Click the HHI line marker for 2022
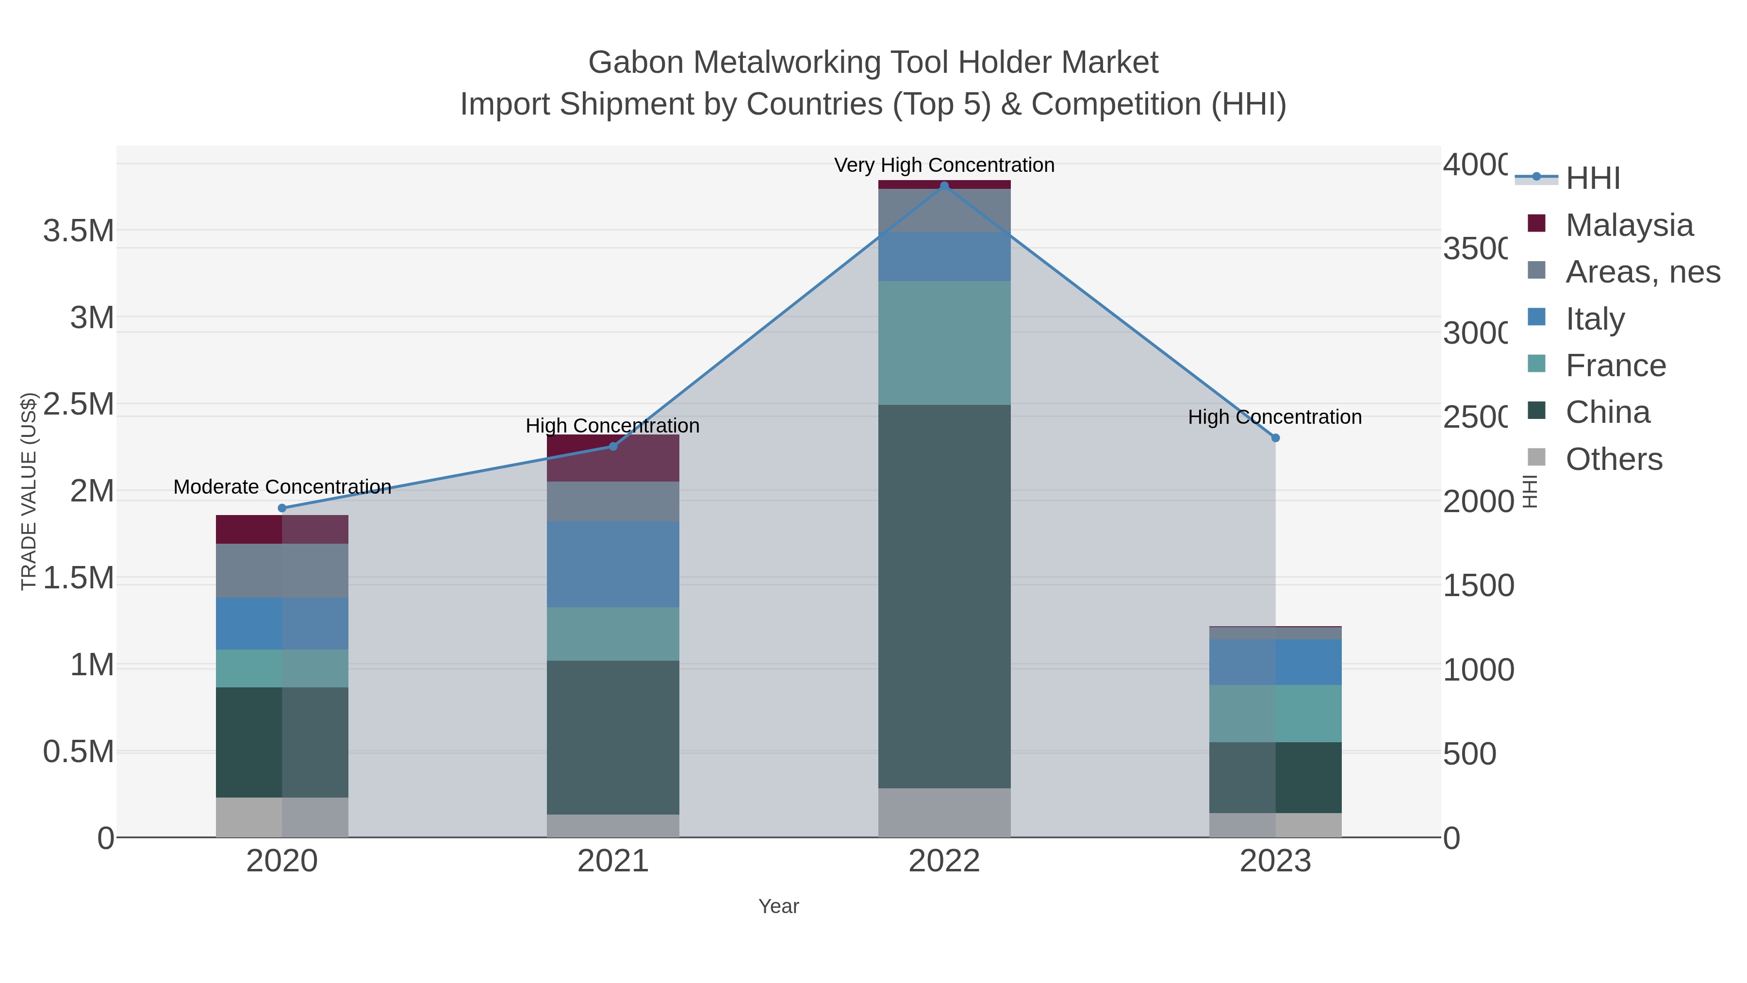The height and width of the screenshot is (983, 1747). tap(944, 186)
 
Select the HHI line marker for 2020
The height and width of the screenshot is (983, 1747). tap(282, 508)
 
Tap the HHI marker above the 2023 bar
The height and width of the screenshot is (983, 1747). tap(1275, 438)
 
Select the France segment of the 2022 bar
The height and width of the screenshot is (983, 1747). tap(944, 343)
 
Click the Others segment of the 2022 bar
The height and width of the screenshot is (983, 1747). tap(944, 812)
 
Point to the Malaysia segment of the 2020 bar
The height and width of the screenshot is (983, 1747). tap(282, 529)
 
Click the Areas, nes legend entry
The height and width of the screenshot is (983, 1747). tap(1642, 272)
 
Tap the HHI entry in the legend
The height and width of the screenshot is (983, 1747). tap(1592, 179)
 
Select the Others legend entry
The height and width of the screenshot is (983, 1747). tap(1614, 459)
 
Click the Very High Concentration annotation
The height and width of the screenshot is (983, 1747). tap(944, 166)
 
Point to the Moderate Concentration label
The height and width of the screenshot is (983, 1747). tap(282, 487)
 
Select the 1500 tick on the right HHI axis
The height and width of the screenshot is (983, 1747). tap(1478, 585)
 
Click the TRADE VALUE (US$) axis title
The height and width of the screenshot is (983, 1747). tap(29, 491)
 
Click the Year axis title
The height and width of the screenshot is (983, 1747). tap(778, 906)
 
